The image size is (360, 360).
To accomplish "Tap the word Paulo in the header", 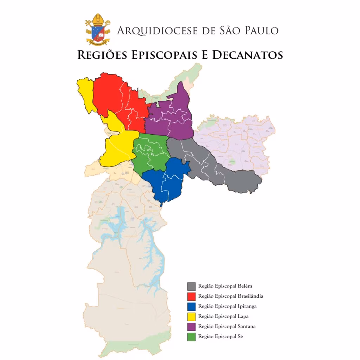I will (x=259, y=31).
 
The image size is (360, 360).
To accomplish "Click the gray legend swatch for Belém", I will (x=192, y=286).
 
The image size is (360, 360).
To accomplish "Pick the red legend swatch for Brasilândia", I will (x=192, y=296).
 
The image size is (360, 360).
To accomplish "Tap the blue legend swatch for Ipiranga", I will (x=192, y=306).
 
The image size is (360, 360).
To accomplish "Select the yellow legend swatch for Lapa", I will (x=192, y=316).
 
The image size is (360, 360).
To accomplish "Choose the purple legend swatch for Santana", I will (x=192, y=327).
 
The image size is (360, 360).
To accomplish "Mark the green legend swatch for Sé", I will (x=192, y=337).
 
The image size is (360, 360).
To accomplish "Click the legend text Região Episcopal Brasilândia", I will (x=231, y=296).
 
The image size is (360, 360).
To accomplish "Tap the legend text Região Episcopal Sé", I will (x=220, y=337).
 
